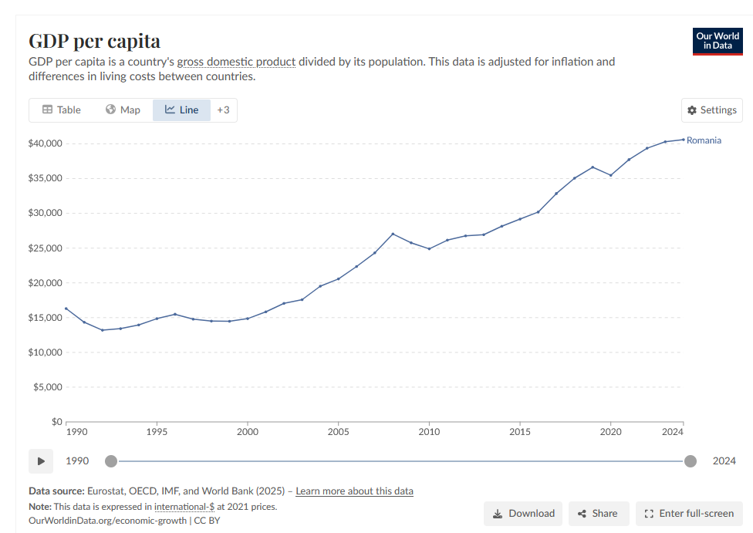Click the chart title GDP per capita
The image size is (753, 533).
click(x=94, y=41)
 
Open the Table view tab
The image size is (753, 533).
click(x=61, y=110)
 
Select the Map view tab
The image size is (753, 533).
click(x=123, y=110)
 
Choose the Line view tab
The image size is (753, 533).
click(x=181, y=110)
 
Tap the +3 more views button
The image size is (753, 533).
click(x=223, y=110)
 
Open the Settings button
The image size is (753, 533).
click(x=711, y=110)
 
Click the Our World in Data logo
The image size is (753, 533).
click(x=718, y=41)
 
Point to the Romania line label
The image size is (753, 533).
click(x=704, y=140)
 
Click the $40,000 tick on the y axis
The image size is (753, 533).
click(x=45, y=143)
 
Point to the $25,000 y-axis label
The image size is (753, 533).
click(x=45, y=248)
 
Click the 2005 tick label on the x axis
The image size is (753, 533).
click(x=338, y=433)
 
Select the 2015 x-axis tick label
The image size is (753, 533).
click(x=520, y=433)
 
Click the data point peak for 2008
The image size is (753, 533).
click(x=393, y=234)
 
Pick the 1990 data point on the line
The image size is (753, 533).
click(x=66, y=309)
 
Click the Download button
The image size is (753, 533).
click(x=523, y=514)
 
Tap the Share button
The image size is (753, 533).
click(x=598, y=514)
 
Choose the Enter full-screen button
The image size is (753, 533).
click(x=689, y=514)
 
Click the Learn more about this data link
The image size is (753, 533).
click(x=354, y=491)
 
